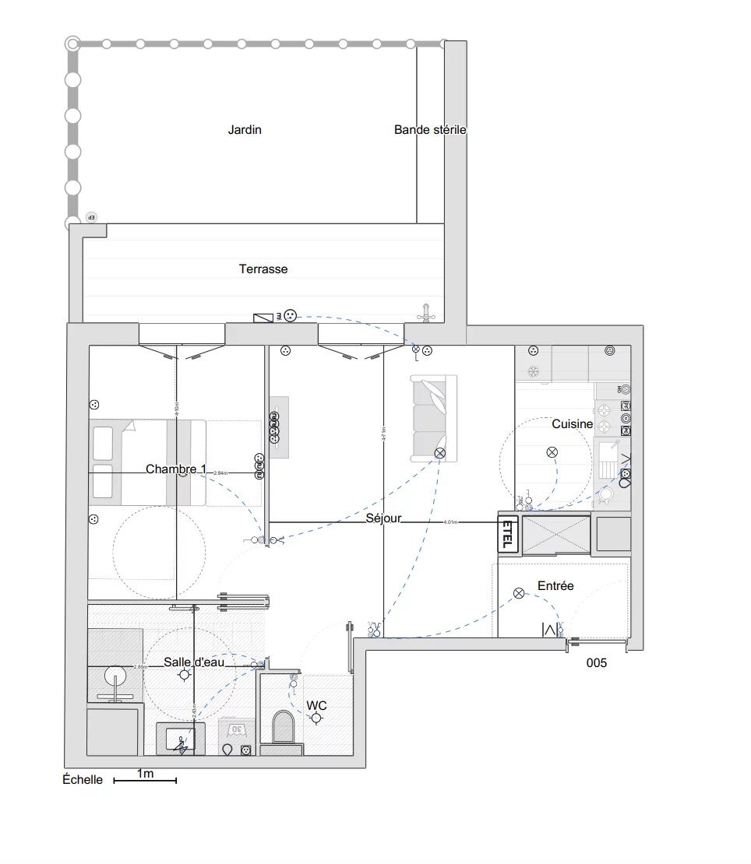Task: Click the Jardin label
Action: click(244, 130)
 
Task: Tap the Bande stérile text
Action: click(430, 130)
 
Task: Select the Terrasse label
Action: click(263, 269)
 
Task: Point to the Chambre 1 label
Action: click(176, 469)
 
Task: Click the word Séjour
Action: click(383, 518)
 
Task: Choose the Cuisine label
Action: click(573, 424)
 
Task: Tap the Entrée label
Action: click(555, 585)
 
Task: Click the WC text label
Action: click(316, 705)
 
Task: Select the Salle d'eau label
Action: click(194, 662)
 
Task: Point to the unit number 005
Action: click(596, 664)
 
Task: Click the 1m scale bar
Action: click(145, 779)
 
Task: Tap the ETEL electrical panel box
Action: click(507, 534)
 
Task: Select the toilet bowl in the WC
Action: click(282, 728)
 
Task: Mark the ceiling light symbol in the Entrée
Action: click(519, 594)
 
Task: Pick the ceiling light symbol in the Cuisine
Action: click(552, 452)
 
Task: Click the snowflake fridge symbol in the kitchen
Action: click(534, 372)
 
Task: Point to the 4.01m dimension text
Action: click(450, 522)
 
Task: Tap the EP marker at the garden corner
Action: click(91, 217)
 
